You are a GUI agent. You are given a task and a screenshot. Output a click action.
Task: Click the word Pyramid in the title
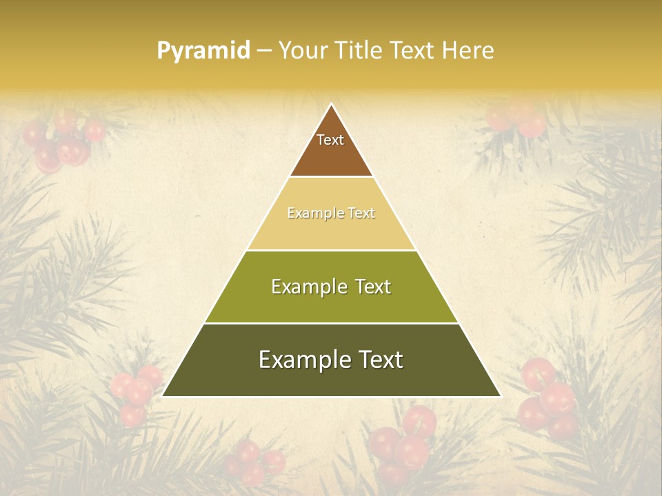point(203,51)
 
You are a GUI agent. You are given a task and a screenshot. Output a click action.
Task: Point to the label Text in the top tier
point(330,140)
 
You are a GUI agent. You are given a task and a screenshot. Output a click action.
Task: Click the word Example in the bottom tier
point(304,360)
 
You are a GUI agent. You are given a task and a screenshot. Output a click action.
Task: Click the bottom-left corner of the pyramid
point(163,396)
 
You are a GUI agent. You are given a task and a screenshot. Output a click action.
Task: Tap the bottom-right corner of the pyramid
point(500,396)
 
